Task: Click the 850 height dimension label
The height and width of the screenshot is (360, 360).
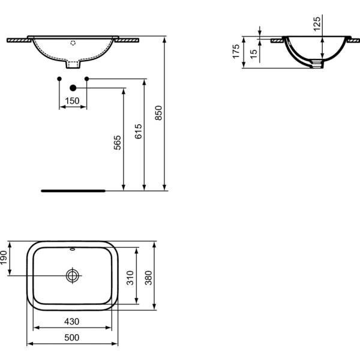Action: [x=158, y=113]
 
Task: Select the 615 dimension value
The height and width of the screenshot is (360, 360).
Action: [x=138, y=131]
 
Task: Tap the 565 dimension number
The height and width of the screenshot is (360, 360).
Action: [x=118, y=143]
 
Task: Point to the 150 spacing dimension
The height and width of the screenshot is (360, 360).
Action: [x=72, y=101]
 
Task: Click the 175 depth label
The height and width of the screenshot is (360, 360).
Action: [x=236, y=52]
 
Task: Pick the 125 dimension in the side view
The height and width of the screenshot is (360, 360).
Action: [x=317, y=23]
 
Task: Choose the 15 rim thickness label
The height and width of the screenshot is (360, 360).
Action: [x=253, y=54]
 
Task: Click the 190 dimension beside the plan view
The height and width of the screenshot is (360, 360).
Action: [x=4, y=257]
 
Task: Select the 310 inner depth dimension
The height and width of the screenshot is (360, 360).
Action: [x=130, y=278]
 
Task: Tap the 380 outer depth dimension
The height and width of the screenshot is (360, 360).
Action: [x=149, y=278]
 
